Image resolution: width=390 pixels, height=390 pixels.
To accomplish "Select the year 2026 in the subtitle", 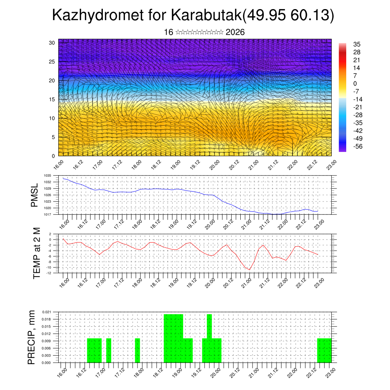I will click(235, 32).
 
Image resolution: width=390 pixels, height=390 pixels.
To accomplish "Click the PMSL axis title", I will click(35, 195).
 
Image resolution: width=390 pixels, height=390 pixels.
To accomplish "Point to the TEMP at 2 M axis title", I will click(37, 253).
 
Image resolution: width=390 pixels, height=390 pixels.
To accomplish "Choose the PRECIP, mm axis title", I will click(32, 337).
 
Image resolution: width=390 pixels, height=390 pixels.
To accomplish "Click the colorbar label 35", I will click(357, 44).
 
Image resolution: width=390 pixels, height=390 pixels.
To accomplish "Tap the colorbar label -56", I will click(358, 147).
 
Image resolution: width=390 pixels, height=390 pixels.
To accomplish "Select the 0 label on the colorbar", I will click(355, 83).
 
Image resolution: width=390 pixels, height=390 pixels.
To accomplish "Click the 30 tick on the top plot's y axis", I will click(51, 43).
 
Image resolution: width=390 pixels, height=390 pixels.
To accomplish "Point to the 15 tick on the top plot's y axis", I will click(51, 99).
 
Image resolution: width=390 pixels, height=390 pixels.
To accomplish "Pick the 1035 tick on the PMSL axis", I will click(47, 176).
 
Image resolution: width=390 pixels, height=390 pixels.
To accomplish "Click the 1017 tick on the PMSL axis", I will click(47, 214).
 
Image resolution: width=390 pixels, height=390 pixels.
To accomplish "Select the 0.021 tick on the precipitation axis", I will click(46, 312).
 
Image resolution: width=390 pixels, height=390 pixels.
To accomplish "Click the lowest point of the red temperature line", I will click(250, 270).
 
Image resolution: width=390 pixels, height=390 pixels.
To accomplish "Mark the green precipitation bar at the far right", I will click(324, 350).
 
